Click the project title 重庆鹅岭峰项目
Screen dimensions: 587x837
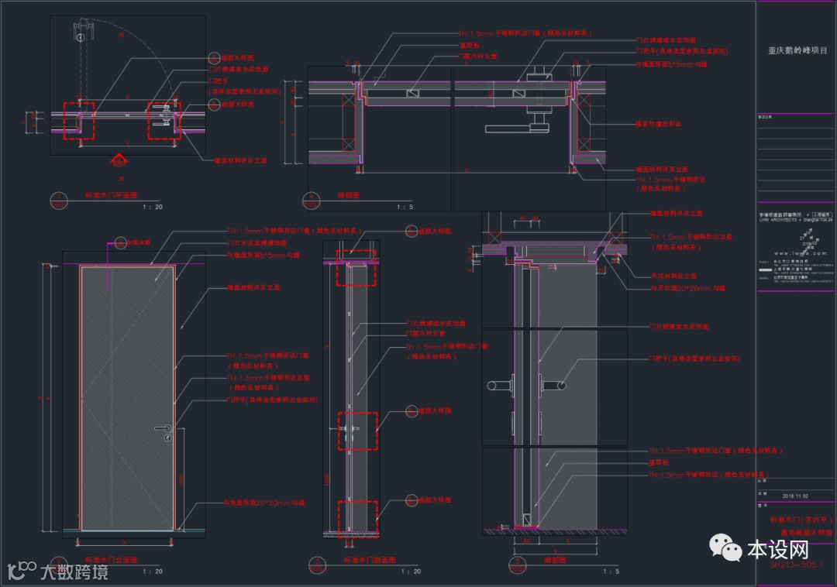[x=797, y=51]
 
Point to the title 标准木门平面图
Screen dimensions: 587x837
[x=110, y=197]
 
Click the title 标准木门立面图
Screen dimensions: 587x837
[x=110, y=559]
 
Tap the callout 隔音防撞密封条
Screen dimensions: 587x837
[x=658, y=124]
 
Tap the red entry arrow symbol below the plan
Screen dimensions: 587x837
[x=119, y=161]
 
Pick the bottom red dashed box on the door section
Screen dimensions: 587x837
[x=357, y=519]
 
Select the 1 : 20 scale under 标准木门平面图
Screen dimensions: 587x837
[x=153, y=207]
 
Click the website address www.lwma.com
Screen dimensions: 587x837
[x=797, y=252]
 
